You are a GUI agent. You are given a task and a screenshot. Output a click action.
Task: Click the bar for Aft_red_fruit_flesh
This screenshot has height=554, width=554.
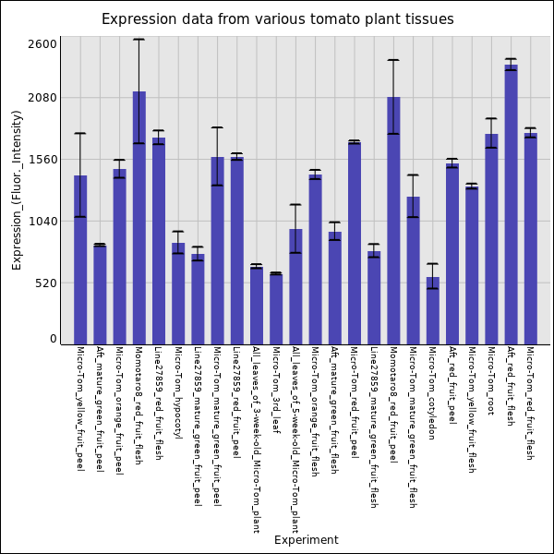click(511, 204)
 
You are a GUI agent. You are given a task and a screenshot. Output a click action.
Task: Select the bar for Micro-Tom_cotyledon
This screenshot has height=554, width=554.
click(432, 310)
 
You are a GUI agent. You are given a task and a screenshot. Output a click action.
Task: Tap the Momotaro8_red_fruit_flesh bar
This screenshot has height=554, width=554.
click(138, 218)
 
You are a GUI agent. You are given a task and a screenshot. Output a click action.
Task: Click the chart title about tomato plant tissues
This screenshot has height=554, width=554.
click(277, 19)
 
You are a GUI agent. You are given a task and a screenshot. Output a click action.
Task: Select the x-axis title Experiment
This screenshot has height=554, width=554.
click(306, 540)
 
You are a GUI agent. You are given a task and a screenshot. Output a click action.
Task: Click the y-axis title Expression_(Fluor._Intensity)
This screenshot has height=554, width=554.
click(17, 189)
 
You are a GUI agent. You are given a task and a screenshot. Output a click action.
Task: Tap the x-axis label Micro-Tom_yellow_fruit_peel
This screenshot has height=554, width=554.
click(80, 409)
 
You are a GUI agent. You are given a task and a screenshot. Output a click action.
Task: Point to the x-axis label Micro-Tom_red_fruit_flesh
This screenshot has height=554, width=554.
click(530, 403)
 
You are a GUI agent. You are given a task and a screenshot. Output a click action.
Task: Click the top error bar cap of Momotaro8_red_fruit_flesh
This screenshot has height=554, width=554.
click(138, 40)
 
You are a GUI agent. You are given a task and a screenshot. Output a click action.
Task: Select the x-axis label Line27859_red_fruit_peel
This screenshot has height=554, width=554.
click(236, 403)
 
